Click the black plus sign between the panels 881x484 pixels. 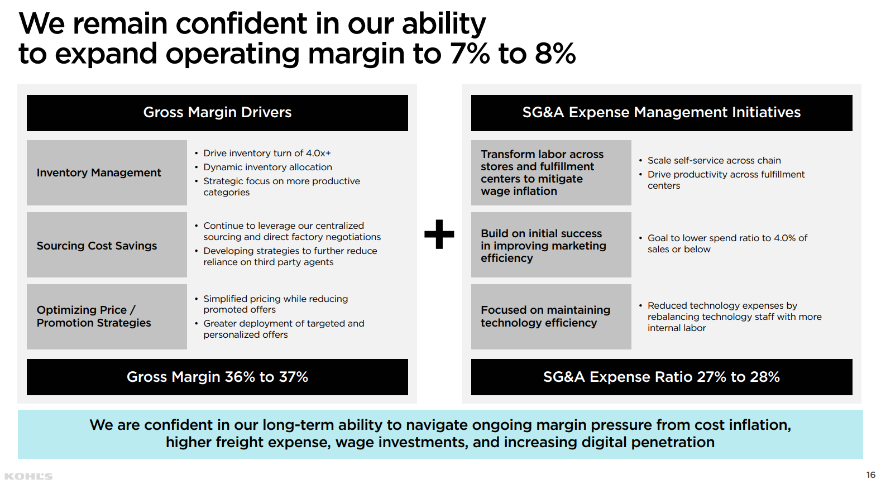pyautogui.click(x=439, y=234)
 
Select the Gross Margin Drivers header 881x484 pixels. pyautogui.click(x=217, y=113)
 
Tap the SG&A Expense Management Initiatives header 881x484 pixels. pyautogui.click(x=662, y=113)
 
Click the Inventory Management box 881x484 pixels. pyautogui.click(x=107, y=172)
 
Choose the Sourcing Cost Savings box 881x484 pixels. pyautogui.click(x=107, y=245)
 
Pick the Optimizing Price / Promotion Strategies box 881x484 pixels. pyautogui.click(x=107, y=317)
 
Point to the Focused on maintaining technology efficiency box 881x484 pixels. pyautogui.click(x=551, y=317)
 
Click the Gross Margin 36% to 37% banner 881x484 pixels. pyautogui.click(x=217, y=377)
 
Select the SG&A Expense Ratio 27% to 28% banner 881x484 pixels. pyautogui.click(x=662, y=377)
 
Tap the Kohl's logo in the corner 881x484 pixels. pyautogui.click(x=28, y=476)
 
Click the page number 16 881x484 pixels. pyautogui.click(x=870, y=475)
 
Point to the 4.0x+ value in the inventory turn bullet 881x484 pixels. pyautogui.click(x=318, y=154)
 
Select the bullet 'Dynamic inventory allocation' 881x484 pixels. pyautogui.click(x=267, y=167)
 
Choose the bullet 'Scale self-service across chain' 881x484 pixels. pyautogui.click(x=714, y=161)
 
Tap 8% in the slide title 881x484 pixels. pyautogui.click(x=555, y=54)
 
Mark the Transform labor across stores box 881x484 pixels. pyautogui.click(x=551, y=172)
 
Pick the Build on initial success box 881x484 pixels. pyautogui.click(x=551, y=245)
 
